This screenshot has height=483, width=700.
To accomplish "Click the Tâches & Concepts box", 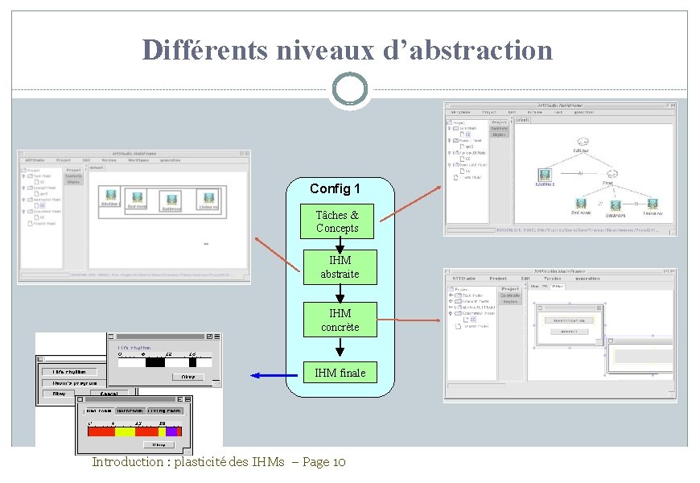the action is (x=338, y=221).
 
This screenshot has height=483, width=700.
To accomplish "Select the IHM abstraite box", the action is (x=340, y=267).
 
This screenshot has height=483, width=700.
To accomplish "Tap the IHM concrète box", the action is (x=340, y=320).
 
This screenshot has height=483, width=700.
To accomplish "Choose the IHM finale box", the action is (x=340, y=372).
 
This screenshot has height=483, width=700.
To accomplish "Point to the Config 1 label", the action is (x=335, y=188).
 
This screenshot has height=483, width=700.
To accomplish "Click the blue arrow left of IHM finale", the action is (x=274, y=375).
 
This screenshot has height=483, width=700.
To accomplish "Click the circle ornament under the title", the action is (x=349, y=89).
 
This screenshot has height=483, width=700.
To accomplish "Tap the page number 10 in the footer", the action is (x=338, y=462).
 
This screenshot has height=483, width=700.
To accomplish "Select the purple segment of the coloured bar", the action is (x=171, y=431).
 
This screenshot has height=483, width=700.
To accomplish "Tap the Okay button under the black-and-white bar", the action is (x=187, y=376).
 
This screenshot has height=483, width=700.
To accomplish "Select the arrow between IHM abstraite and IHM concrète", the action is (x=340, y=293).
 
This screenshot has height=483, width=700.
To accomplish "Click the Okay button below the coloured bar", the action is (x=160, y=444).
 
